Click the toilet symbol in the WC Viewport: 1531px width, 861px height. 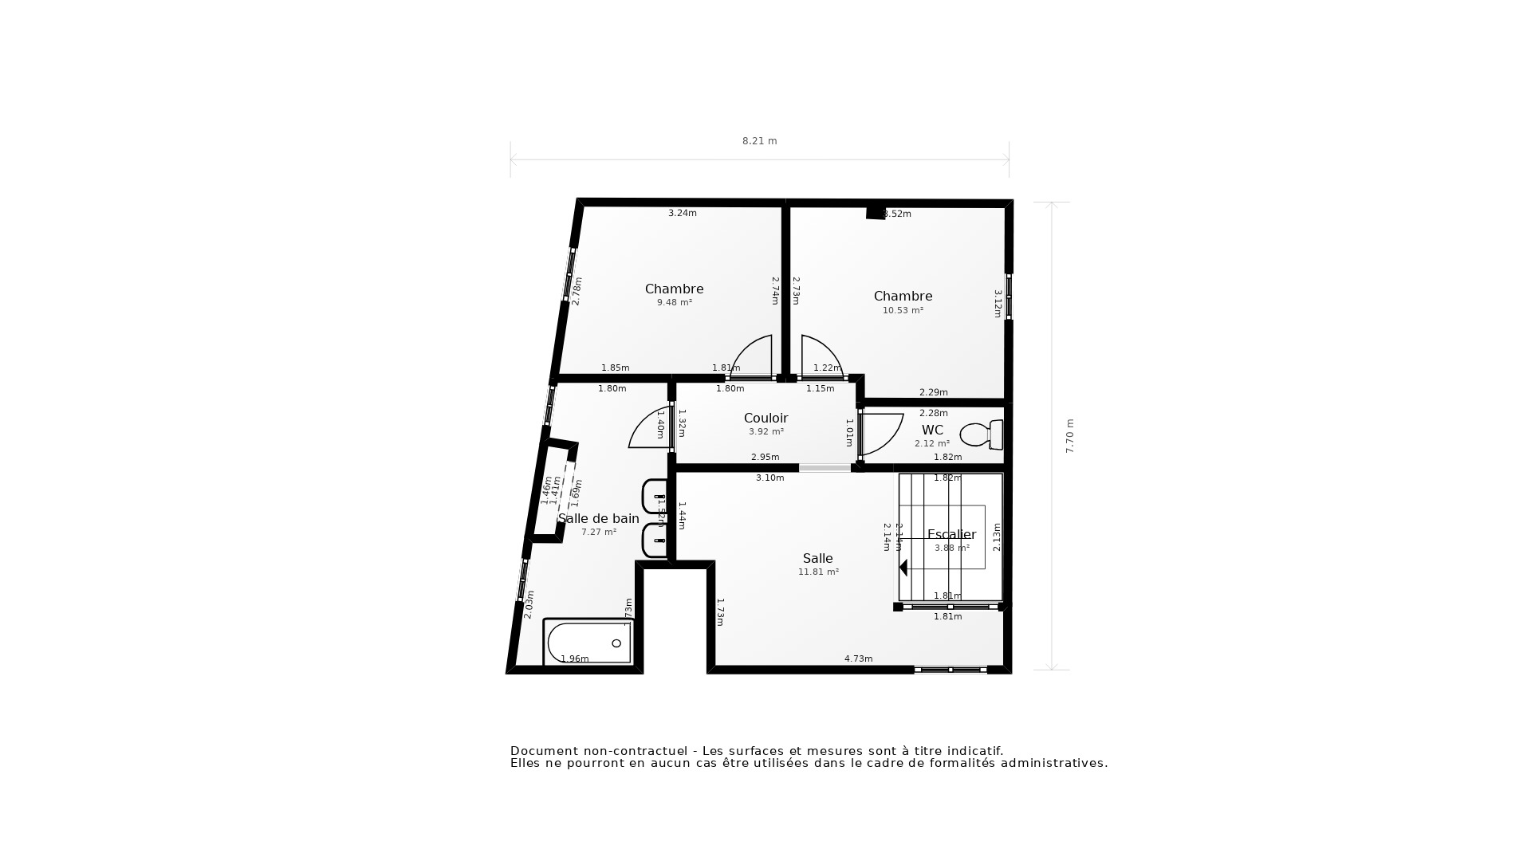[981, 434]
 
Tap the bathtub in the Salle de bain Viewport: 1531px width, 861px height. [588, 642]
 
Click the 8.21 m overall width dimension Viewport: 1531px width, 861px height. [759, 141]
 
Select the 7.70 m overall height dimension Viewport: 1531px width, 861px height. [1070, 436]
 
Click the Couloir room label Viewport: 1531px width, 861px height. [765, 419]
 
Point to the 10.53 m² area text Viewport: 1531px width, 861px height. [903, 311]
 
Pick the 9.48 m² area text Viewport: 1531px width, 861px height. [674, 303]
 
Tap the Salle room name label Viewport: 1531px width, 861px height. [817, 559]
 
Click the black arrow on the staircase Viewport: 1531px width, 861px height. [903, 568]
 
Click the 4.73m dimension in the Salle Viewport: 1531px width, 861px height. [858, 659]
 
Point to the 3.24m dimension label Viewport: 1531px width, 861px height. [682, 213]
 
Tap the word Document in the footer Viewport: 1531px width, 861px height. [543, 751]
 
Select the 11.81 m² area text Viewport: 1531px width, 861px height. [818, 572]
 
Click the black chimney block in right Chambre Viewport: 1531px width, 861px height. [876, 212]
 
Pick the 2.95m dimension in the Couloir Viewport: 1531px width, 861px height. [765, 457]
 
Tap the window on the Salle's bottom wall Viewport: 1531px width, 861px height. [950, 670]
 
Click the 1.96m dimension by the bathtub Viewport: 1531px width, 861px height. [574, 659]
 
